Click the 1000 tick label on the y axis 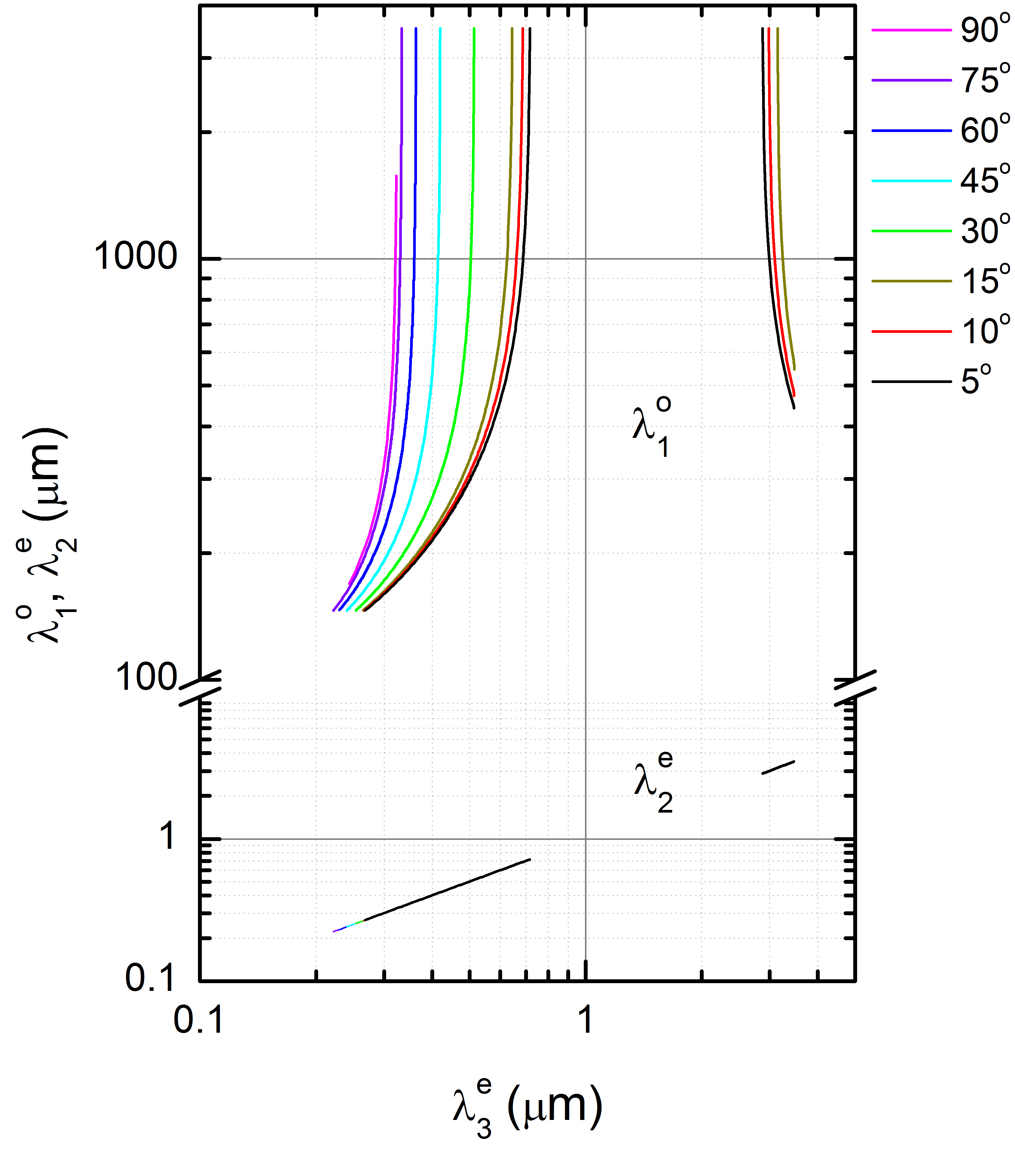coord(135,258)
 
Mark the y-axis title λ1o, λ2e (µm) coord(45,537)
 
